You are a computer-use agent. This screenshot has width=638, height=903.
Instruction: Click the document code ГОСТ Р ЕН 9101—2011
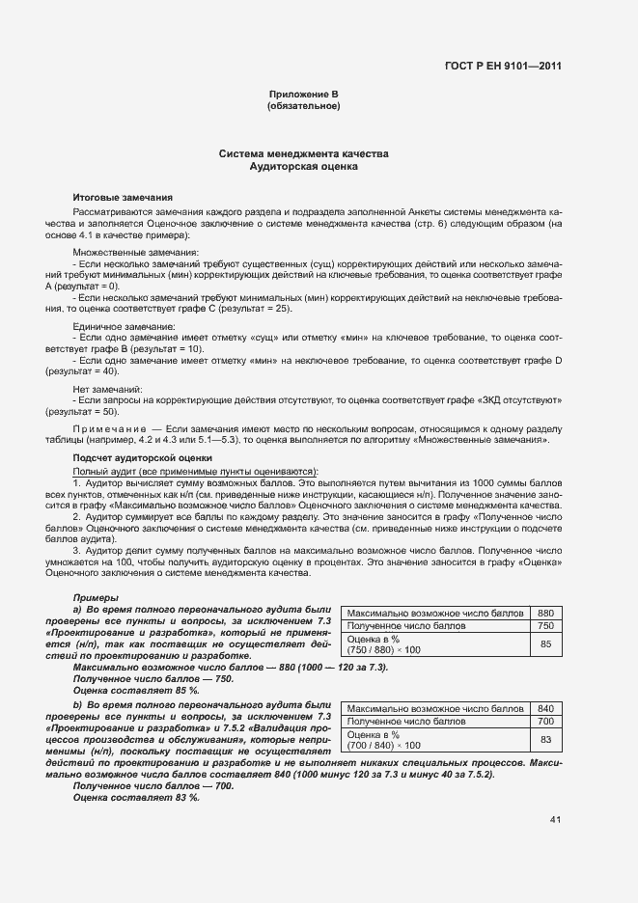506,67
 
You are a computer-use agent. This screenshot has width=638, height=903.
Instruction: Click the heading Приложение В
303,94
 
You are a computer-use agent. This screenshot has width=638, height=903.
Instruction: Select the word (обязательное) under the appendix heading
303,105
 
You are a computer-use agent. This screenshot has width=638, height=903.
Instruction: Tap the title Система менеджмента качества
303,154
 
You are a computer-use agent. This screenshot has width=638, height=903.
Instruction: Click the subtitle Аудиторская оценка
303,167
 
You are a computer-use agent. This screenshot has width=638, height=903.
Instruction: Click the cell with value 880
545,613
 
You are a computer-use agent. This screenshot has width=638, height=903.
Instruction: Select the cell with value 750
545,626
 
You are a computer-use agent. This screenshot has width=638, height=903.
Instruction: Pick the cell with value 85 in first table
545,644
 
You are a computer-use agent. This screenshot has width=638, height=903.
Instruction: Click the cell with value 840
545,707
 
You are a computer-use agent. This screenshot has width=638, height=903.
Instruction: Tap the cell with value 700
545,721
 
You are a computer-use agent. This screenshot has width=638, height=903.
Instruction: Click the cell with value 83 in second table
545,739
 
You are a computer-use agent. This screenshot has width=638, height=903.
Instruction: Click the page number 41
555,820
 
